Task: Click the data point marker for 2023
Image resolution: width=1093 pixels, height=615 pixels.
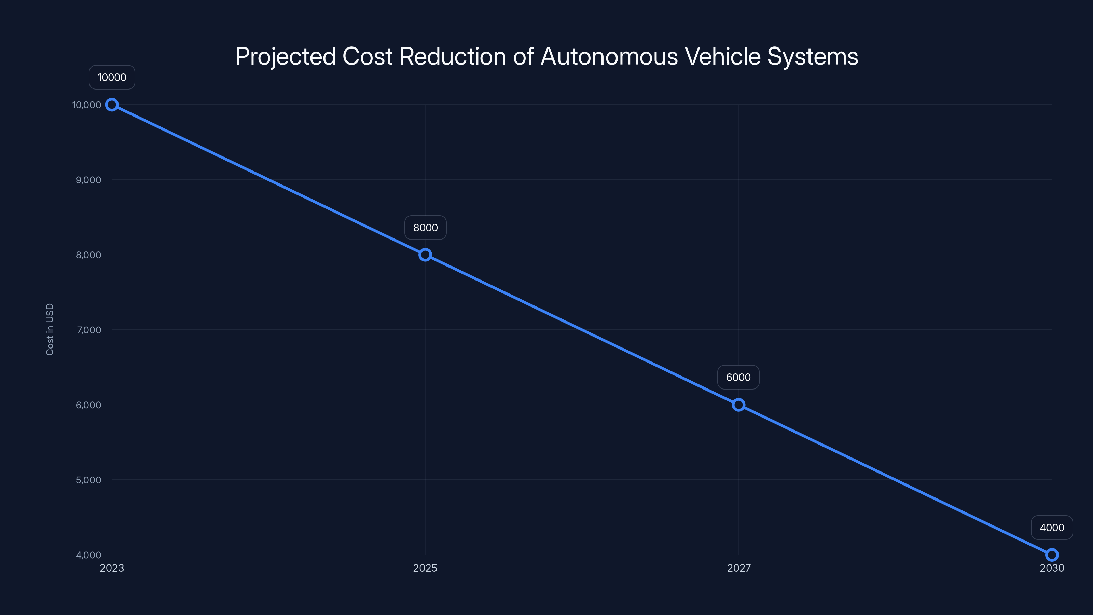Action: coord(112,105)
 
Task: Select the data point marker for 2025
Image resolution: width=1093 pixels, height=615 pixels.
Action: coord(425,255)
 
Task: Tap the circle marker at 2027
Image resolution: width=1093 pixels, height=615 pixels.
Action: coord(738,405)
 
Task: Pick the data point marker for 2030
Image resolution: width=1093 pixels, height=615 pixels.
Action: coord(1052,555)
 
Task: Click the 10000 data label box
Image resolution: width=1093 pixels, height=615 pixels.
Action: coord(112,77)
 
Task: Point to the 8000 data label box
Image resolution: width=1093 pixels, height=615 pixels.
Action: coord(425,228)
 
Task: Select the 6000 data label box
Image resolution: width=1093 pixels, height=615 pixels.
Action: coord(738,377)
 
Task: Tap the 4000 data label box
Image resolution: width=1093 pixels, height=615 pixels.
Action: coord(1052,528)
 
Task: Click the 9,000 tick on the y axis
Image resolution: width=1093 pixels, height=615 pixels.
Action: coord(88,180)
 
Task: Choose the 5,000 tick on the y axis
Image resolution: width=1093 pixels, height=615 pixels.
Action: coord(88,480)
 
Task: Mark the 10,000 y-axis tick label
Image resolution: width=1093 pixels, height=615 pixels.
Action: coord(86,105)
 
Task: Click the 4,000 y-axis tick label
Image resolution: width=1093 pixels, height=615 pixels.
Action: coord(88,555)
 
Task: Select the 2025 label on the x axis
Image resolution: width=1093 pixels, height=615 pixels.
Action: coord(425,568)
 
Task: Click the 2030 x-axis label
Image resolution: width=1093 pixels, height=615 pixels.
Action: coord(1052,568)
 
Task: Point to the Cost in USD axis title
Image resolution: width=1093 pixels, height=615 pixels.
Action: coord(50,329)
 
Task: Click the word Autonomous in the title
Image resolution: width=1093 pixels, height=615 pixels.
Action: coord(609,56)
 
